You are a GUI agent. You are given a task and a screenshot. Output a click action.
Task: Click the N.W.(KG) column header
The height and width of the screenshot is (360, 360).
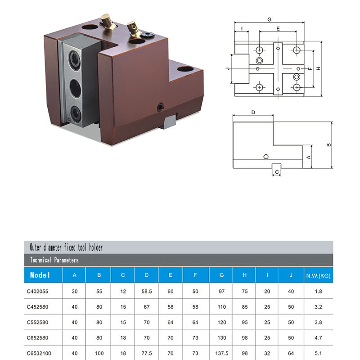point(318,275)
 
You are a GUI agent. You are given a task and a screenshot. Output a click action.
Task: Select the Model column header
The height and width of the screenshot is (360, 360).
point(40,275)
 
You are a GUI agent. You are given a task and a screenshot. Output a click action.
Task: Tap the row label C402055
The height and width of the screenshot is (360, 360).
point(37,291)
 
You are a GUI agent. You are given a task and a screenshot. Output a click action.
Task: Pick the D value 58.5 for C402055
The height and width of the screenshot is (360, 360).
point(147,291)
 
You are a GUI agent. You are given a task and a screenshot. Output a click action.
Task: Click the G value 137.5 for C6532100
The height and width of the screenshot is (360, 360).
point(222,353)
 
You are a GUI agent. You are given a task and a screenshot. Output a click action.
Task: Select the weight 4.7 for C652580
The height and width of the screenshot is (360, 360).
point(318,338)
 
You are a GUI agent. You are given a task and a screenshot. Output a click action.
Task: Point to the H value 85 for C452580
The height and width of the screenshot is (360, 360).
point(244,307)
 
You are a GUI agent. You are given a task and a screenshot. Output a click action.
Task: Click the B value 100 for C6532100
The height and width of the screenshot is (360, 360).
point(99,353)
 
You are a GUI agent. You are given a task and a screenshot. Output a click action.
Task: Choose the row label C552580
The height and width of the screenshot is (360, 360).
point(37,322)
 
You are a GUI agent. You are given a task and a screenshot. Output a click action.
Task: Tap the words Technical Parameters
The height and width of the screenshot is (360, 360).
point(54,260)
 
